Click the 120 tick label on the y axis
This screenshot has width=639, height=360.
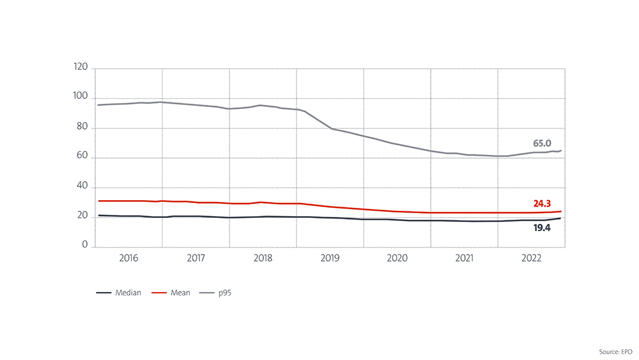coord(80,67)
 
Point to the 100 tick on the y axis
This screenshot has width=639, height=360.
coord(80,97)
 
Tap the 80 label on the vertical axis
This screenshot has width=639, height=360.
coord(82,127)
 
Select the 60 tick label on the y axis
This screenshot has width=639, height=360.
coord(82,156)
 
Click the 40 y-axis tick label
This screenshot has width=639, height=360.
coord(82,186)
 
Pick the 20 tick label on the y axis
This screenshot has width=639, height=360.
coord(82,216)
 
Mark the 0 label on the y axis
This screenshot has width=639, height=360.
coord(85,245)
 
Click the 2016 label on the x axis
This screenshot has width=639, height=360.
coord(128,258)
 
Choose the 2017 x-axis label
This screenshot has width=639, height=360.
coord(196,258)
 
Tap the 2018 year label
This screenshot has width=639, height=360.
coord(263,258)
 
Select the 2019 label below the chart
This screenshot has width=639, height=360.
coord(330,258)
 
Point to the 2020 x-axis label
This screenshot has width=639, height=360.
coord(397,258)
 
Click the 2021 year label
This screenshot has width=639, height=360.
coord(464,258)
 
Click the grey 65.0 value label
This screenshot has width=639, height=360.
coord(542,143)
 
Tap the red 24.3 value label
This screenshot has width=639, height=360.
coord(542,204)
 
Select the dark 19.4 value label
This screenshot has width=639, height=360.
coord(542,227)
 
